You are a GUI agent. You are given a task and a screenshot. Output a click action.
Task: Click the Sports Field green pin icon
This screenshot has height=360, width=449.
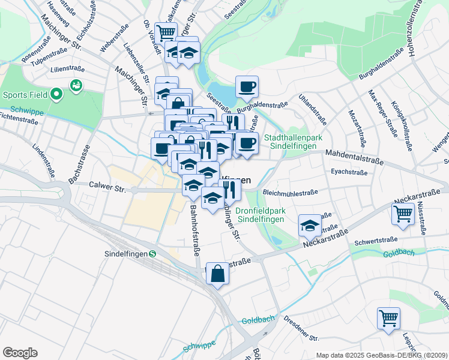click(x=56, y=94)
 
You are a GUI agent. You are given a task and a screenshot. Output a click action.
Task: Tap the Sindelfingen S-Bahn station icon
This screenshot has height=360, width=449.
click(x=152, y=253)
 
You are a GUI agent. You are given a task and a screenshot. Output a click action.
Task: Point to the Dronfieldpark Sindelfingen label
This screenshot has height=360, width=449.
click(x=260, y=215)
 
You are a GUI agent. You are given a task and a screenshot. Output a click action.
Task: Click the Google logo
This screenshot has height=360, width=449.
click(x=20, y=353)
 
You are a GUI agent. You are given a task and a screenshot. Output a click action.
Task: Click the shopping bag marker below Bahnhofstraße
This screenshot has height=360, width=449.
click(x=218, y=273)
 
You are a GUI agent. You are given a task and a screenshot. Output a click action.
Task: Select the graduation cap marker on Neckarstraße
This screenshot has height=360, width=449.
click(x=310, y=225)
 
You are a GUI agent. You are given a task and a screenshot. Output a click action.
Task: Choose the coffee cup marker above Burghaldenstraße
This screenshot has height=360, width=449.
click(x=247, y=86)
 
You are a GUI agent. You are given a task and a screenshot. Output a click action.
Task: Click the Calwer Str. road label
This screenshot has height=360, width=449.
click(x=107, y=188)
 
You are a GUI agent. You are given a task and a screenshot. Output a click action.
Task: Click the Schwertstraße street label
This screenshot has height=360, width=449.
click(x=375, y=241)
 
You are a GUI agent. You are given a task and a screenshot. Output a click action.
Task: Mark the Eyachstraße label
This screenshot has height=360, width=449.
click(x=349, y=172)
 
